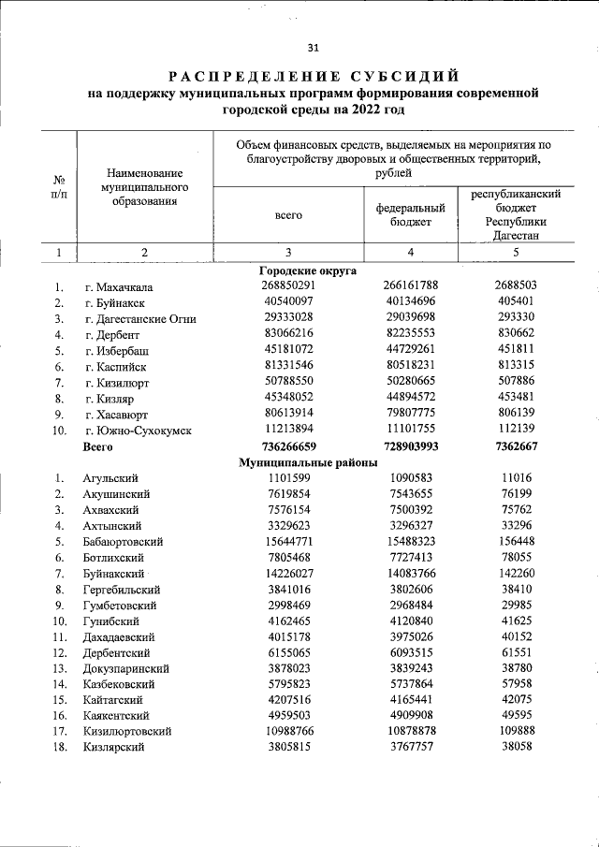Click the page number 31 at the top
pyautogui.click(x=313, y=49)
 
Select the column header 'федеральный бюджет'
pyautogui.click(x=411, y=214)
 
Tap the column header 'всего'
pyautogui.click(x=288, y=214)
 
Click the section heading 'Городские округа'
pyautogui.click(x=308, y=270)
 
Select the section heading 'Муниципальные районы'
pyautogui.click(x=308, y=462)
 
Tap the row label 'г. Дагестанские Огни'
pyautogui.click(x=139, y=318)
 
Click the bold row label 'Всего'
pyautogui.click(x=97, y=446)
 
